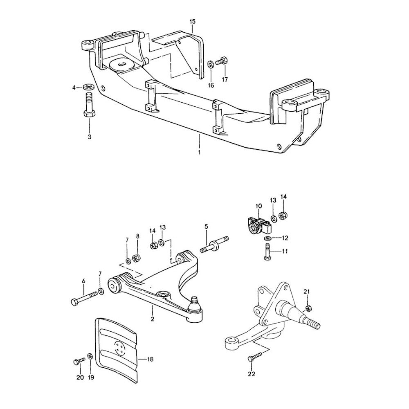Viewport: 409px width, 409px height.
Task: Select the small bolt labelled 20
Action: (79, 360)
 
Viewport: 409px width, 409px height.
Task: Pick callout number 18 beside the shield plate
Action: (150, 359)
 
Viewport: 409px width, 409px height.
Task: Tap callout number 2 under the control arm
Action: (152, 319)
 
